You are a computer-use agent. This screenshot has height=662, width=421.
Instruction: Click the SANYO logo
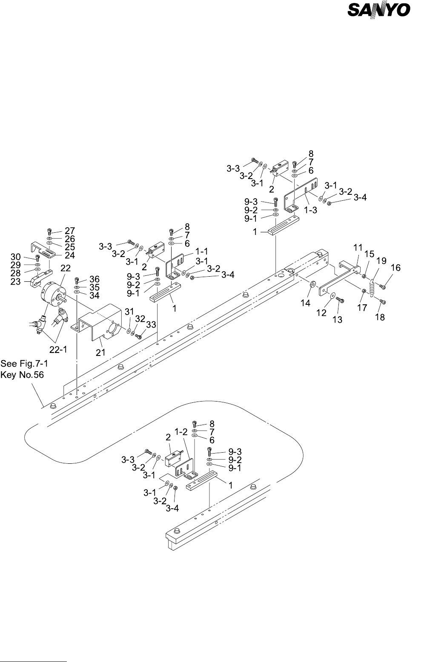379,10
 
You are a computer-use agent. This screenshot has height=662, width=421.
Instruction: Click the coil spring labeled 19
372,287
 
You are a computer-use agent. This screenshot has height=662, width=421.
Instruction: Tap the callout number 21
100,352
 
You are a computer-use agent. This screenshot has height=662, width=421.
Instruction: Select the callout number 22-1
58,349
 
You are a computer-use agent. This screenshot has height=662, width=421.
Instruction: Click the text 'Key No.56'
22,375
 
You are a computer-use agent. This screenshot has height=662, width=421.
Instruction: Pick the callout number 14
305,303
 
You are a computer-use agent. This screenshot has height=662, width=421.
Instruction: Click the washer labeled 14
312,284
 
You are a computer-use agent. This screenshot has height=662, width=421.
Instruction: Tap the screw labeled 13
340,300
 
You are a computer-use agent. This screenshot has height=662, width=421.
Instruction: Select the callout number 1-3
310,210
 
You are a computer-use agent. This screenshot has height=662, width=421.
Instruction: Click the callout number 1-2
181,432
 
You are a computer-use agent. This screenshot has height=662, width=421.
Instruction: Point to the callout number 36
95,279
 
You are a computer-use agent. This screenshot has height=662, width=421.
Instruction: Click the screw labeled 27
49,232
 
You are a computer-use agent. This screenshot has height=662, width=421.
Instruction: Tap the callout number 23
16,281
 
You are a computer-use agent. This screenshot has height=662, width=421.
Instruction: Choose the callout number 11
358,248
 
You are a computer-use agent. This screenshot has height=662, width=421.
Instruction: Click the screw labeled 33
138,336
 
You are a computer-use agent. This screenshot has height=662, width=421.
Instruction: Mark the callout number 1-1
201,251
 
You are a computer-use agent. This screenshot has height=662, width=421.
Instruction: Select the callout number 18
380,317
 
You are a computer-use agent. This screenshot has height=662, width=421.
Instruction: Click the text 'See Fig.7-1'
24,363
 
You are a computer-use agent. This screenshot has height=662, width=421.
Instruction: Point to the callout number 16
395,267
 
